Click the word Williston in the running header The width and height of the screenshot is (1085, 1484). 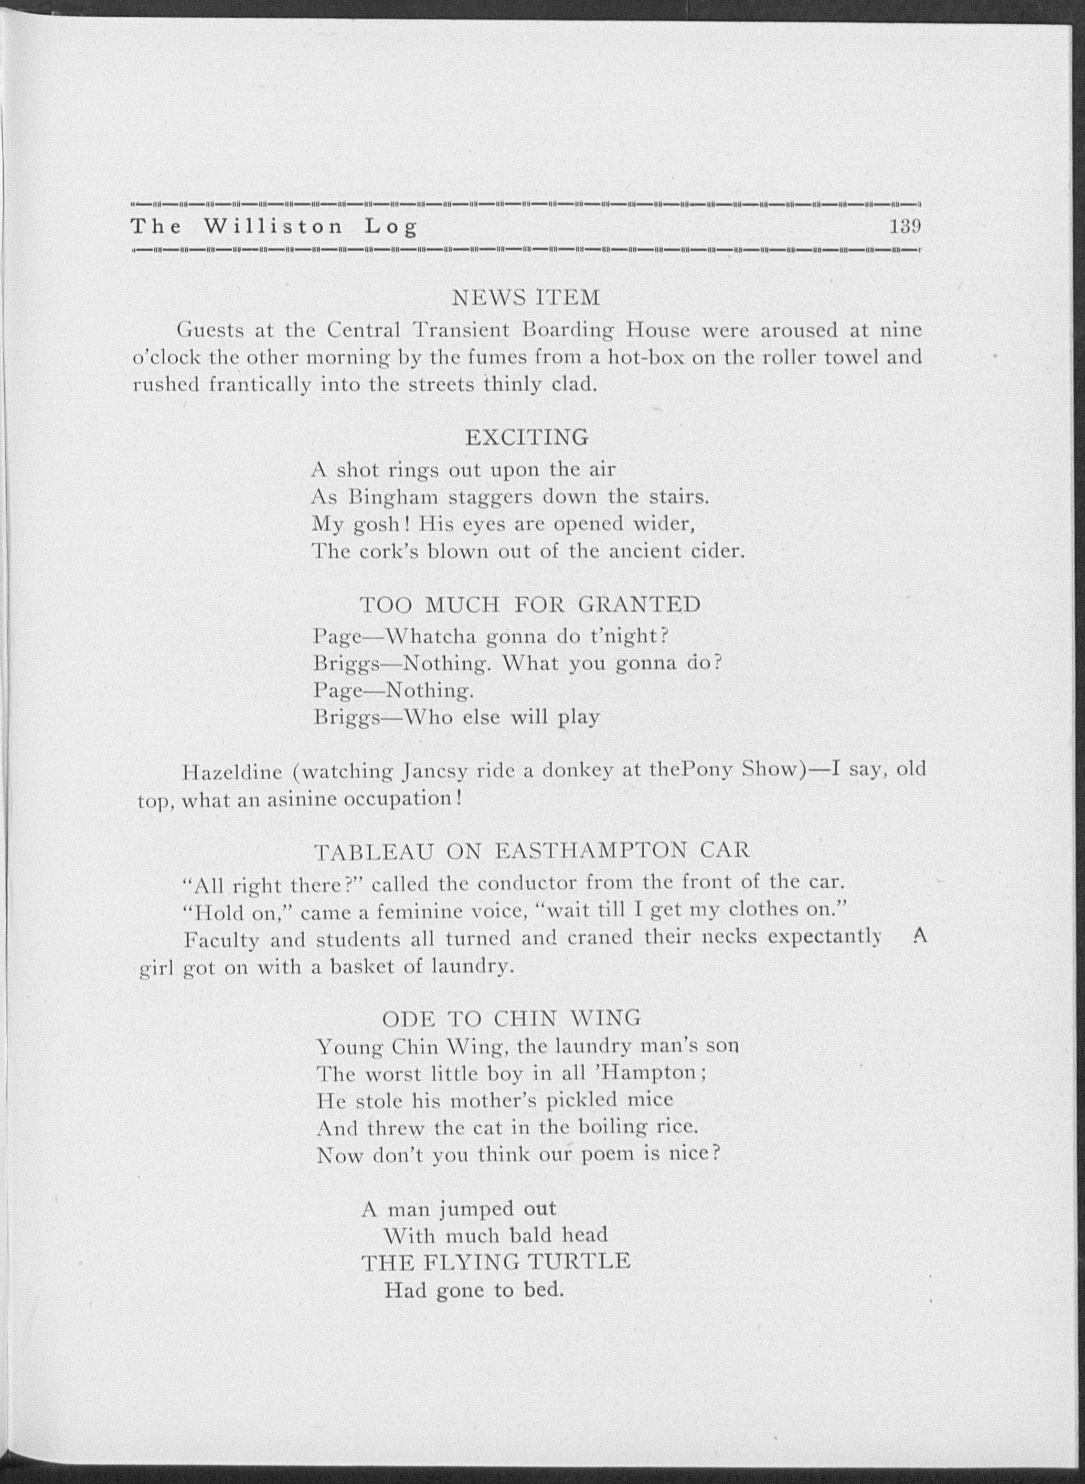273,227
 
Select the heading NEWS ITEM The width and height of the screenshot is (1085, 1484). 526,299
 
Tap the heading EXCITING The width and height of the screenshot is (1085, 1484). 527,437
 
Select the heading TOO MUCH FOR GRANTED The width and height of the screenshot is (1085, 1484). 530,605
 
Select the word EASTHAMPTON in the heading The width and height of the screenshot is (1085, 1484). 590,852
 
